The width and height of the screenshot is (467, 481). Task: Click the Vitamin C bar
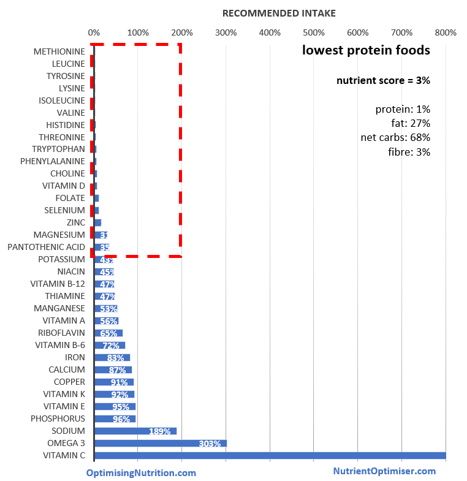pos(270,455)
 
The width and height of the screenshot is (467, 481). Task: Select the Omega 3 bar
pos(161,443)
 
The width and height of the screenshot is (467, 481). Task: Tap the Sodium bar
pos(135,431)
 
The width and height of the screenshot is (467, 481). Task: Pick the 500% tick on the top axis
pos(313,32)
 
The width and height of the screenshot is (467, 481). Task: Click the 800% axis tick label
pos(445,32)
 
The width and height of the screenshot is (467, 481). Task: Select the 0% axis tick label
pos(94,32)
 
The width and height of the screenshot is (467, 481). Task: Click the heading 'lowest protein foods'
pos(366,50)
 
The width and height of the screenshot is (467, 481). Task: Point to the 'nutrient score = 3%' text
pos(383,80)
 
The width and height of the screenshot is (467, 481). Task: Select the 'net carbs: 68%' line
pos(395,137)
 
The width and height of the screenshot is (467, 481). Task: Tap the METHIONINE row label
pos(59,51)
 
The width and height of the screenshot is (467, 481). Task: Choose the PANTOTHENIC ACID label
pos(47,247)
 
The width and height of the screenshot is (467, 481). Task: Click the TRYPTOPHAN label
pos(58,149)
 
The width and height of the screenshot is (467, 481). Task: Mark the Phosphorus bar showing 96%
pos(115,419)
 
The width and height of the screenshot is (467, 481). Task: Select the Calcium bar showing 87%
pos(113,369)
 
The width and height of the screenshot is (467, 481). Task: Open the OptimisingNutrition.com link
pos(141,472)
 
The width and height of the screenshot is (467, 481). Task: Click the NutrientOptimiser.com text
pos(384,471)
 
